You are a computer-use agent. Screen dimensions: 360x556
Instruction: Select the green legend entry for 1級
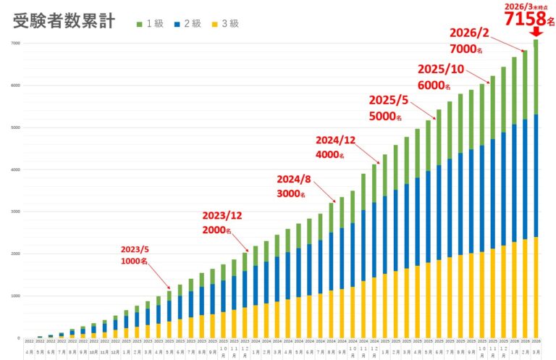148,23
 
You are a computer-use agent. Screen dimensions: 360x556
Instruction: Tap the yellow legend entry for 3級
228,23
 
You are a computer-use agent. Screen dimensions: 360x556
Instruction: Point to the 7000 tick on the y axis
14,43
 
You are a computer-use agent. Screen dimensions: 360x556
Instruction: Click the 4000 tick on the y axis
14,169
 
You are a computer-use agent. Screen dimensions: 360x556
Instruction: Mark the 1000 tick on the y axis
14,296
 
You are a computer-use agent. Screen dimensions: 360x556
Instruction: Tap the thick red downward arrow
536,33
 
